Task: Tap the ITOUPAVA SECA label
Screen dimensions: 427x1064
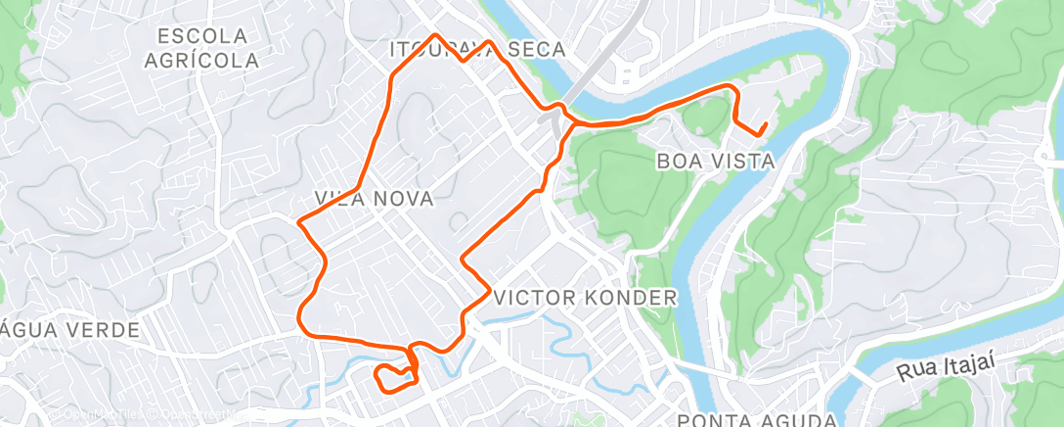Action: point(477,49)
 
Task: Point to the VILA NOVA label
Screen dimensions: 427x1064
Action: point(374,198)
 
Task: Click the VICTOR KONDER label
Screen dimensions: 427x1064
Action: point(586,297)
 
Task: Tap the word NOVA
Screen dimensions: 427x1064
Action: point(404,198)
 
